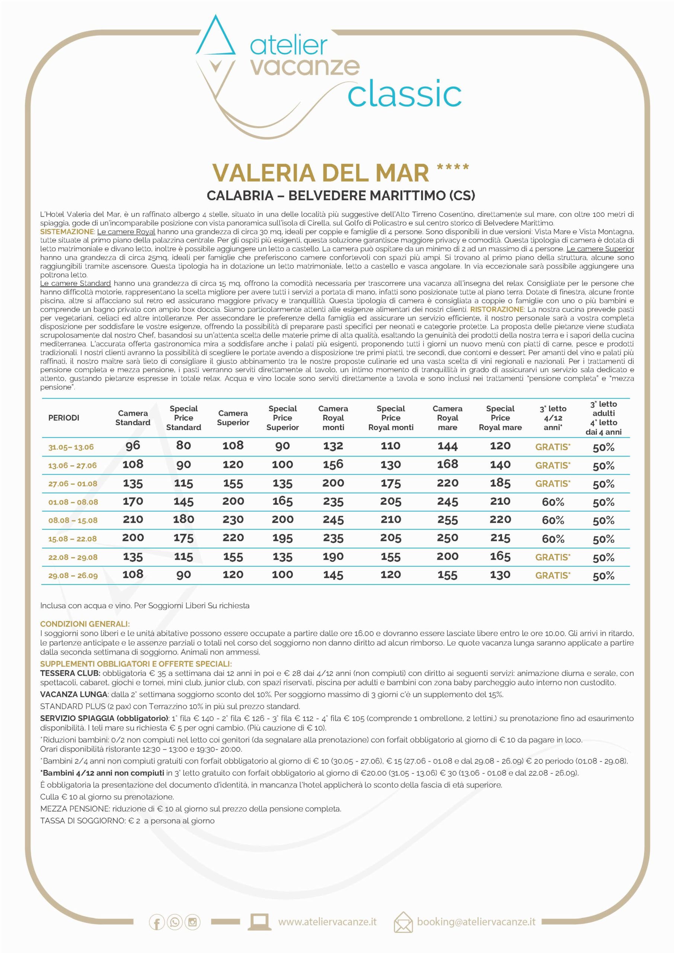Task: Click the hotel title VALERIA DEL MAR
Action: [x=320, y=173]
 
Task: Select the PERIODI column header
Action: [x=64, y=418]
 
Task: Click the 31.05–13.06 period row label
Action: [x=71, y=447]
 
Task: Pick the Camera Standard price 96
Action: [x=133, y=446]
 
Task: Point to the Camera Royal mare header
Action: [x=447, y=418]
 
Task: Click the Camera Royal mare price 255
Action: [x=447, y=520]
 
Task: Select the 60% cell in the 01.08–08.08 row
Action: [x=553, y=502]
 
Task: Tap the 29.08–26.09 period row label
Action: [x=73, y=576]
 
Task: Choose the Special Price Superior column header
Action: [x=282, y=418]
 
